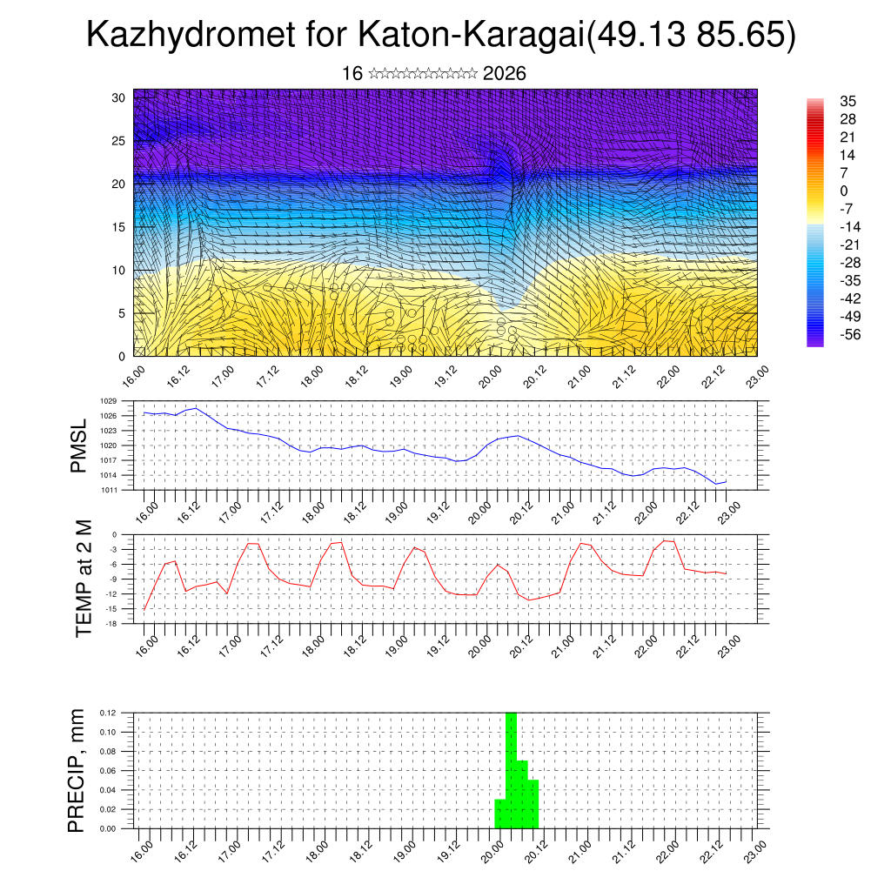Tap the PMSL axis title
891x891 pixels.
(79, 446)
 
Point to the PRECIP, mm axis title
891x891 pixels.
(77, 770)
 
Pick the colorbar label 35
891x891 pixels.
(848, 101)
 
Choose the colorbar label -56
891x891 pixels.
(845, 334)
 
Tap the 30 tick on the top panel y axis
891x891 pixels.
(118, 97)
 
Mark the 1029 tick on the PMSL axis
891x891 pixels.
(108, 401)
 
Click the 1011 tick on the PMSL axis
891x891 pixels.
(108, 490)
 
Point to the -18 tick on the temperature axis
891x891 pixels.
(111, 623)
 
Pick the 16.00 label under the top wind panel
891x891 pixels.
(132, 377)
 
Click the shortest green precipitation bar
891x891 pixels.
(500, 814)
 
